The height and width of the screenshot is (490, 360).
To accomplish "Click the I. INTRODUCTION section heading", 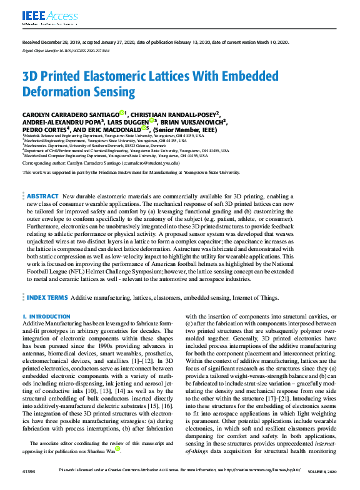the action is [46, 317].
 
